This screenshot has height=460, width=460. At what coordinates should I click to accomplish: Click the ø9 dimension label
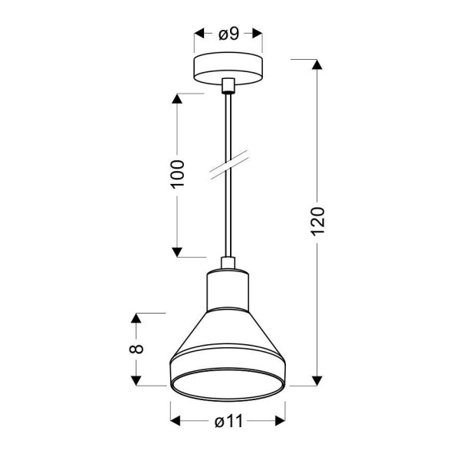pos(228,34)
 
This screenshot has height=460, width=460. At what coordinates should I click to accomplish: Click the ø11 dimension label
pos(228,421)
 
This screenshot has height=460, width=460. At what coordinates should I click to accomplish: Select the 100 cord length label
pos(177,176)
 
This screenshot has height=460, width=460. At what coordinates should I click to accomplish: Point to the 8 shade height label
pos(136,348)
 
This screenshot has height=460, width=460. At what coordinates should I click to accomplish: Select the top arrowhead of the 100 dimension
pos(177,100)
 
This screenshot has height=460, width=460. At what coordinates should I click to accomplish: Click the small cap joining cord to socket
pos(228,264)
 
